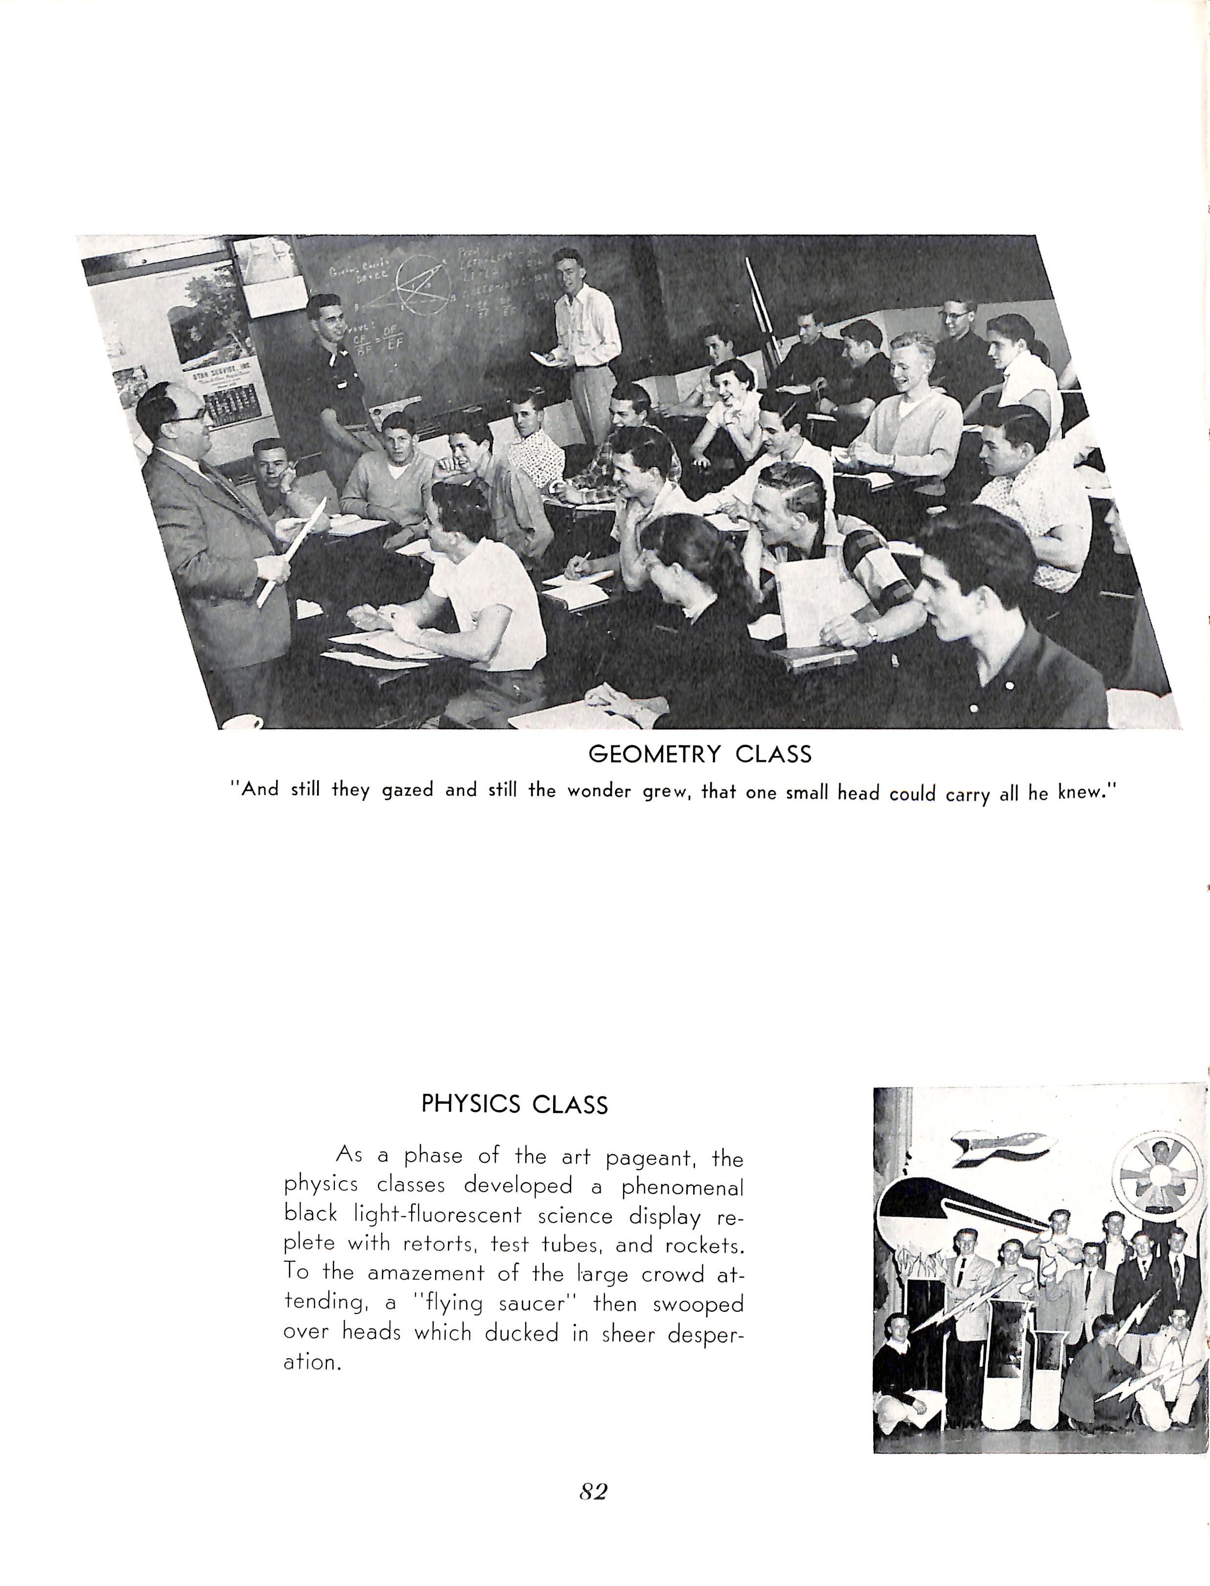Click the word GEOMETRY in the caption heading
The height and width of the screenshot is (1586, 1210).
coord(654,754)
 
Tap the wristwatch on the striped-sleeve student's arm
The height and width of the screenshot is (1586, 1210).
coord(872,631)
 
